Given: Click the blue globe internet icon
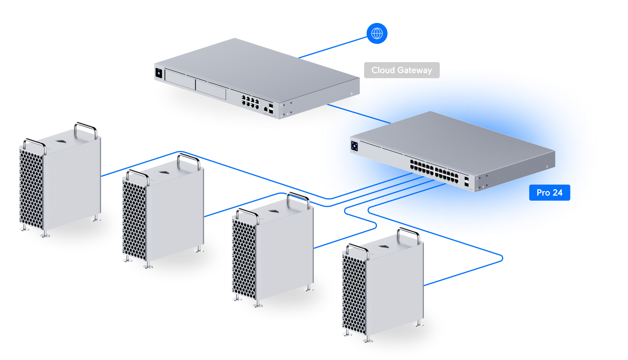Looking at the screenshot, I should pos(377,34).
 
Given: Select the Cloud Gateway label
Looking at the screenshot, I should pos(401,70).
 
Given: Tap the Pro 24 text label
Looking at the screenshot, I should pos(549,193).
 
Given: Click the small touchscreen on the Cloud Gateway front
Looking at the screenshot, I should pos(158,73).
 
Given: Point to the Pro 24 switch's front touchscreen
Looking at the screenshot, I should pos(355,146).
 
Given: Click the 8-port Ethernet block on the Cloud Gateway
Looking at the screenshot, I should pos(250,101).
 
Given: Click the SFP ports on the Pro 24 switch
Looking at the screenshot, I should pos(466,181).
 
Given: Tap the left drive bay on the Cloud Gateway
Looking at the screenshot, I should pos(180,80).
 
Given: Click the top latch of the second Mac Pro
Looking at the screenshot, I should pos(163,172).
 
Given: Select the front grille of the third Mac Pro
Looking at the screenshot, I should pos(243,259).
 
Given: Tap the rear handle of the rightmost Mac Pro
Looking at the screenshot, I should pos(409,233).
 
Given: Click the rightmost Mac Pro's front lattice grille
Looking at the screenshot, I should pos(354,295).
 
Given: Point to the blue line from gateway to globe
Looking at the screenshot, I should pos(332,47).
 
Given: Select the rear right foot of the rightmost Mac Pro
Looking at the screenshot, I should pos(419,323).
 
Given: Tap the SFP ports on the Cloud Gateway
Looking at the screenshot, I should pos(271,108).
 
